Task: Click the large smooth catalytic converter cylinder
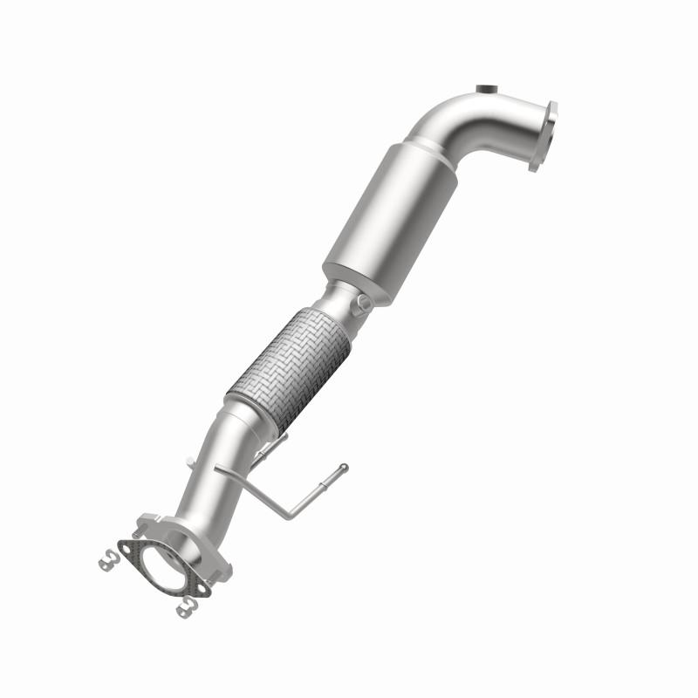(x=384, y=209)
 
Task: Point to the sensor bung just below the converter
(x=361, y=303)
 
